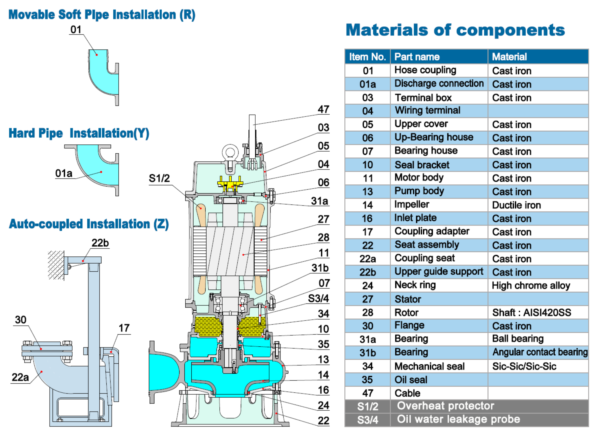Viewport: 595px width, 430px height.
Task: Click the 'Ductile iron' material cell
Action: (516, 205)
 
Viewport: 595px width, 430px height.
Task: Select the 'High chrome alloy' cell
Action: (531, 285)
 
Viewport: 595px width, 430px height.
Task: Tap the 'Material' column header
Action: (509, 57)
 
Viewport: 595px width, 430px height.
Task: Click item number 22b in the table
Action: (367, 272)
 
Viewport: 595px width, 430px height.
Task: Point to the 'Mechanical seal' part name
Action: (429, 366)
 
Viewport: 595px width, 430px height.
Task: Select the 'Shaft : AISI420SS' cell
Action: (531, 312)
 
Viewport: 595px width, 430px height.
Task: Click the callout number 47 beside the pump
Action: (323, 109)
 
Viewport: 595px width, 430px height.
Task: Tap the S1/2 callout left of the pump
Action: (159, 178)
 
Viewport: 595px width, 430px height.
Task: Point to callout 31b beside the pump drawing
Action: (320, 268)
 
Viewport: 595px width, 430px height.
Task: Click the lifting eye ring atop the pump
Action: (230, 152)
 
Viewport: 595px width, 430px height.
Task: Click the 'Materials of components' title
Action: (455, 30)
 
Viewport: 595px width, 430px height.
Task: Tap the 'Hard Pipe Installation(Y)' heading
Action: (79, 133)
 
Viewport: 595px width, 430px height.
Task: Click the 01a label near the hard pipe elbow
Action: (64, 173)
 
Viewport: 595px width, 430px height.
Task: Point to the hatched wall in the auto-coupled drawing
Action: (56, 265)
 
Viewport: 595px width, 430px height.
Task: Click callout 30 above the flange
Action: (21, 320)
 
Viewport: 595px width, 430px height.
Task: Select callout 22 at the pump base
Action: (323, 420)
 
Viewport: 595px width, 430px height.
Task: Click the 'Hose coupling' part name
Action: (425, 70)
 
